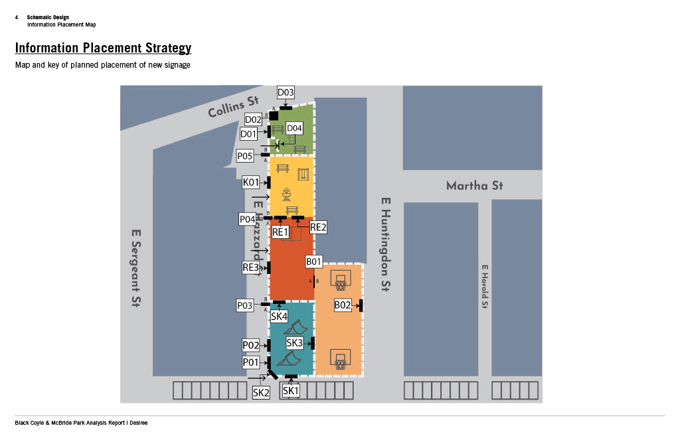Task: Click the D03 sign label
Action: tap(286, 93)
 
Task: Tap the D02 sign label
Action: tap(253, 119)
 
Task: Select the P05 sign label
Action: tap(245, 156)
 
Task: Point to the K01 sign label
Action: tap(250, 182)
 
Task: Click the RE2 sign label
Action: tap(318, 228)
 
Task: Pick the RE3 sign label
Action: tap(250, 267)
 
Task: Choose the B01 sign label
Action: tap(313, 262)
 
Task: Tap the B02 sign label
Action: tap(343, 305)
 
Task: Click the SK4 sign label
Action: tap(279, 317)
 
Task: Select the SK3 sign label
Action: tap(294, 342)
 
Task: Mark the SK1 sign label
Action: tap(291, 391)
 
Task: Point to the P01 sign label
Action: tap(250, 362)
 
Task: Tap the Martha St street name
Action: tap(474, 186)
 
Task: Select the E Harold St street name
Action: tap(485, 287)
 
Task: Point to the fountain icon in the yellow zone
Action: tap(288, 194)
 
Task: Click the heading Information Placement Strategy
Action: tap(103, 48)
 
